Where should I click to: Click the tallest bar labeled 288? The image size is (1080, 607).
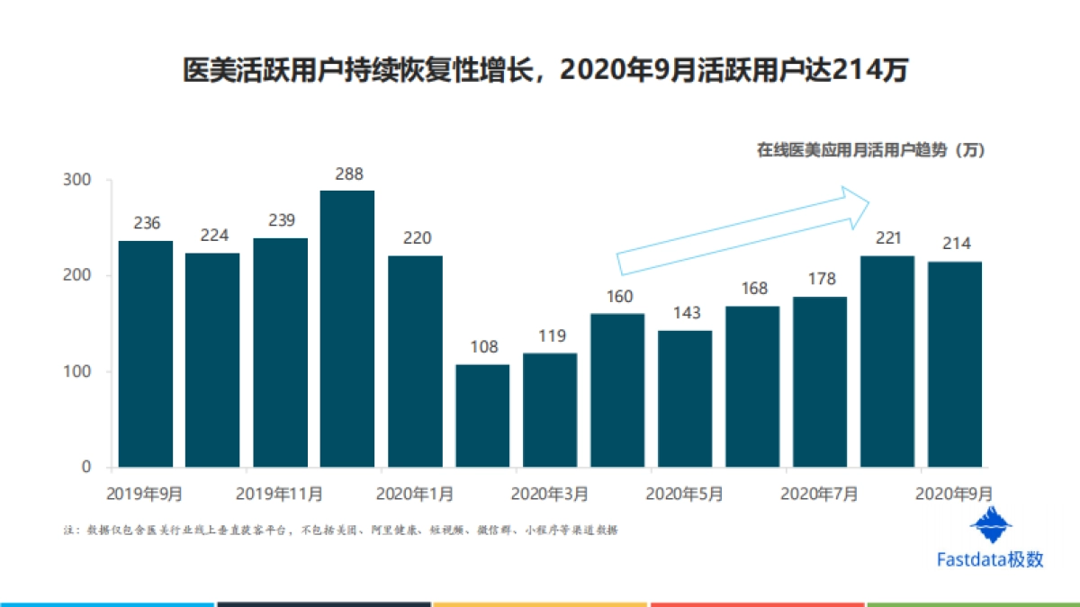point(347,328)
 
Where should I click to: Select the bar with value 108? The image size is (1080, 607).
point(482,415)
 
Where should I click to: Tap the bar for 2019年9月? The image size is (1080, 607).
point(145,353)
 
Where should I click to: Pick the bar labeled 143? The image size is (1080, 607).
point(685,398)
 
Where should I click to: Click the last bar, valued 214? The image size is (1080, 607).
point(955,364)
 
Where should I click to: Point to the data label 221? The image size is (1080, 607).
point(887,238)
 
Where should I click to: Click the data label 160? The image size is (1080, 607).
point(619,296)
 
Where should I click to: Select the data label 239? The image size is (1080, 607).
point(281,220)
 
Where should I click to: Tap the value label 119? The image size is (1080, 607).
point(551,336)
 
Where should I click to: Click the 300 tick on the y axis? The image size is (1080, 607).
point(78,180)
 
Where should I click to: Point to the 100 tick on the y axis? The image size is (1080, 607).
point(78,371)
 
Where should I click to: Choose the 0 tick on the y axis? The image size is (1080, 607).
point(86,467)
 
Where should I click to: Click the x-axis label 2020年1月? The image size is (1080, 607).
point(415,494)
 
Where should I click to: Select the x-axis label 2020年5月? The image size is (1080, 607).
point(685,494)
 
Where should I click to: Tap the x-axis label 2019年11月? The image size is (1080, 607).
point(280,494)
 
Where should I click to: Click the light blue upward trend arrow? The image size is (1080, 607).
point(742,229)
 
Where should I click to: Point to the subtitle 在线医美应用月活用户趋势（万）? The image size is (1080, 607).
point(870,150)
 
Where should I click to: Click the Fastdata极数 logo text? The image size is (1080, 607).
point(990,559)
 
